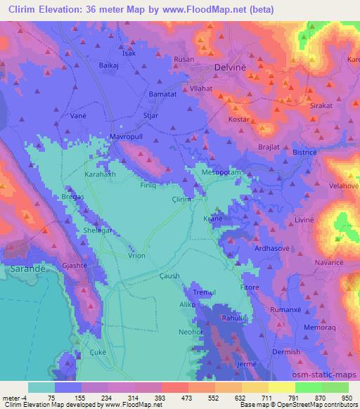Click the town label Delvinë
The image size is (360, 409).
[232, 68]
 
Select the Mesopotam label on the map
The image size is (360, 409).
[221, 171]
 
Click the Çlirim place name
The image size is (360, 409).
[202, 199]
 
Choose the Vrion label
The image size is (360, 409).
[136, 256]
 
